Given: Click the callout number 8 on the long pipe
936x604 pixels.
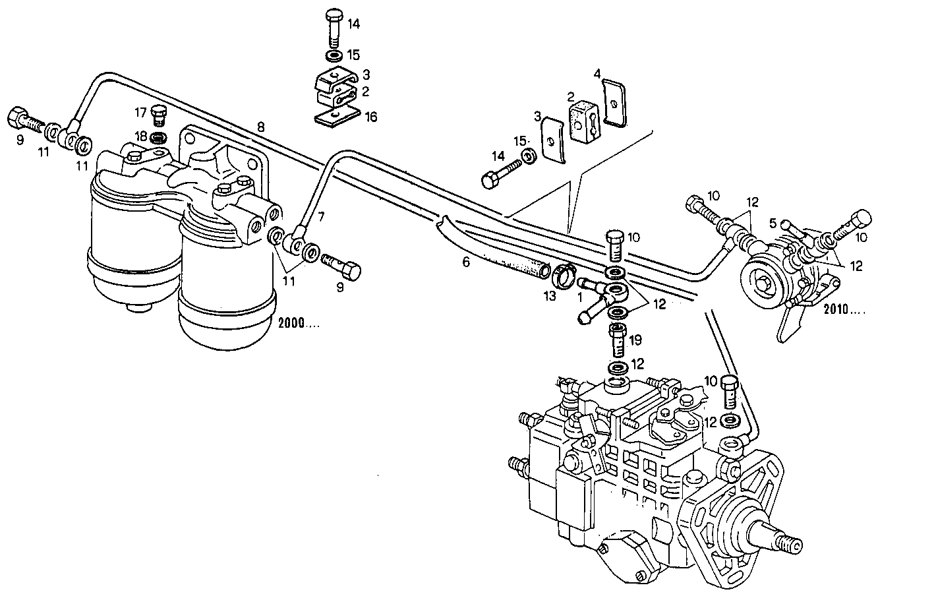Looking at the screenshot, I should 261,127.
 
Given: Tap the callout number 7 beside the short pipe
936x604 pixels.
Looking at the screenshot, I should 321,216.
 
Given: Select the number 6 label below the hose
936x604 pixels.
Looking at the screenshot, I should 466,262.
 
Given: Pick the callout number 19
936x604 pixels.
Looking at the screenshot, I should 635,340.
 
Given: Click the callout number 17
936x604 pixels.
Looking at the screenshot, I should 140,111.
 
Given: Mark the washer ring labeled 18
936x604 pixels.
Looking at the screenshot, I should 158,138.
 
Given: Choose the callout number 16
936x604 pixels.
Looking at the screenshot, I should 371,117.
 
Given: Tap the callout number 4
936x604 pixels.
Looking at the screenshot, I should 597,74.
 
